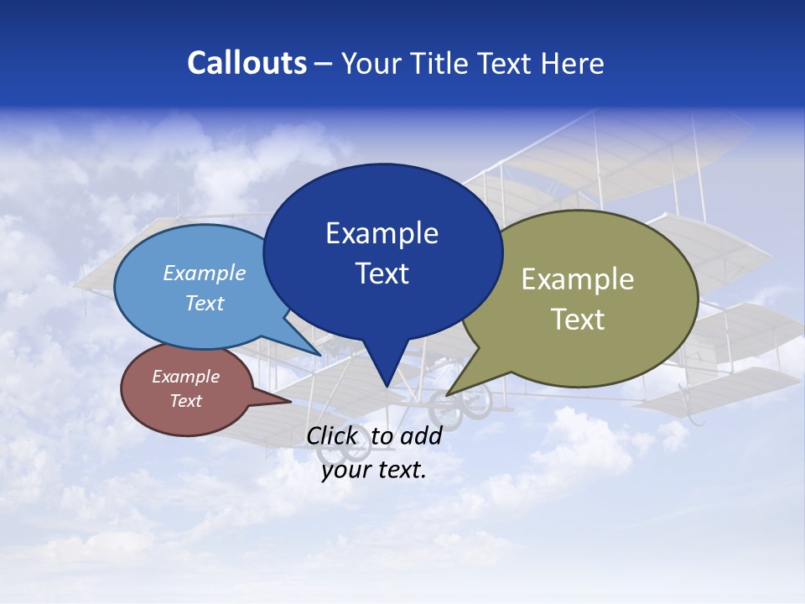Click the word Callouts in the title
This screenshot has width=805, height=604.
pyautogui.click(x=247, y=63)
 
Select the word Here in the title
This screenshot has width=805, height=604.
pyautogui.click(x=574, y=63)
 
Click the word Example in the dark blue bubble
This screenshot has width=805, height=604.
pyautogui.click(x=382, y=233)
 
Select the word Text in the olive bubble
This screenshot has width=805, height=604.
pyautogui.click(x=578, y=320)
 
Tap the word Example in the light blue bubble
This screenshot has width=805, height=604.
pyautogui.click(x=205, y=273)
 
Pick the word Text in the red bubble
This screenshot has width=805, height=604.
pyautogui.click(x=186, y=401)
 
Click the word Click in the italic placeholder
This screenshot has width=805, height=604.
pyautogui.click(x=332, y=435)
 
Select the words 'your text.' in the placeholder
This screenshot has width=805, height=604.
pyautogui.click(x=374, y=470)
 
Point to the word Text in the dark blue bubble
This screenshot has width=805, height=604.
pyautogui.click(x=382, y=273)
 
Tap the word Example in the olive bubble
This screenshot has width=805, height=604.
pyautogui.click(x=578, y=279)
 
